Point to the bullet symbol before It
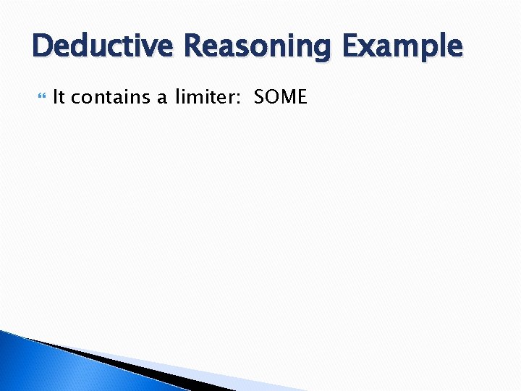click(41, 97)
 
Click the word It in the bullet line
click(59, 97)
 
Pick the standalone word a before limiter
click(164, 98)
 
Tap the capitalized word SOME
click(281, 97)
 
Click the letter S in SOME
click(259, 97)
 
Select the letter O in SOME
click(272, 97)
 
